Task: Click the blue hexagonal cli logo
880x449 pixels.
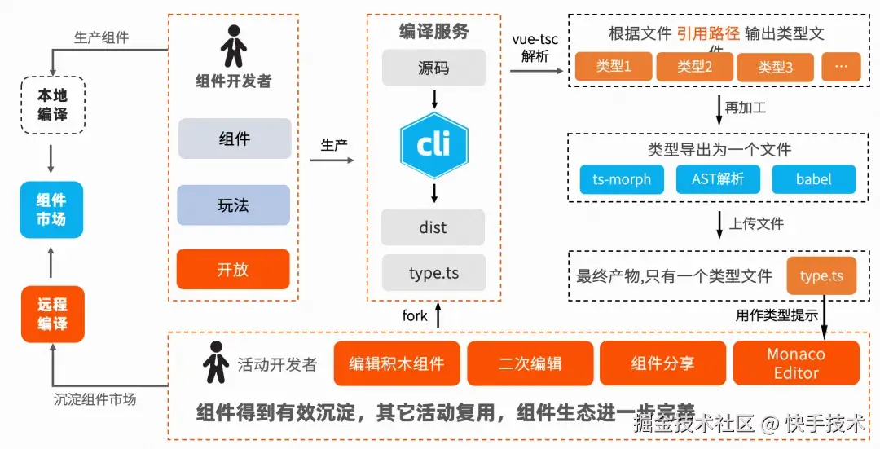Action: click(434, 146)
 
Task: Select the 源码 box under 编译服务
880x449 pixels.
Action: click(433, 68)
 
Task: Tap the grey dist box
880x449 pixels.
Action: click(433, 227)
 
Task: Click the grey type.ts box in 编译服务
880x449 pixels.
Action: click(433, 273)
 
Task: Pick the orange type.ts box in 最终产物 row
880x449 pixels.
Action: click(821, 276)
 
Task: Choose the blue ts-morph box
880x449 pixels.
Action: click(622, 179)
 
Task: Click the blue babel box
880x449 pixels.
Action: click(813, 179)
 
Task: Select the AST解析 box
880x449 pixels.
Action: click(718, 179)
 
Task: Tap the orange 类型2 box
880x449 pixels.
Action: click(695, 67)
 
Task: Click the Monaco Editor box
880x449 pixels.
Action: click(796, 363)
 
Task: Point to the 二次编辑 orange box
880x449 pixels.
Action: click(530, 363)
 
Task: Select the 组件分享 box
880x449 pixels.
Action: click(662, 363)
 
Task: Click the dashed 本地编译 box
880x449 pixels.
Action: click(52, 105)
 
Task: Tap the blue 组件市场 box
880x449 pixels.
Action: click(52, 209)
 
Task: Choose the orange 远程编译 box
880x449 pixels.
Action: click(52, 314)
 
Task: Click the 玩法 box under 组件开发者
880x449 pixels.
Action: click(234, 205)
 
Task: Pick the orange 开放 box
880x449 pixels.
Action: click(233, 269)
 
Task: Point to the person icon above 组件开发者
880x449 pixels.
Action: click(234, 46)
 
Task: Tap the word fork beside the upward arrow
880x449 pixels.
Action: click(415, 315)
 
